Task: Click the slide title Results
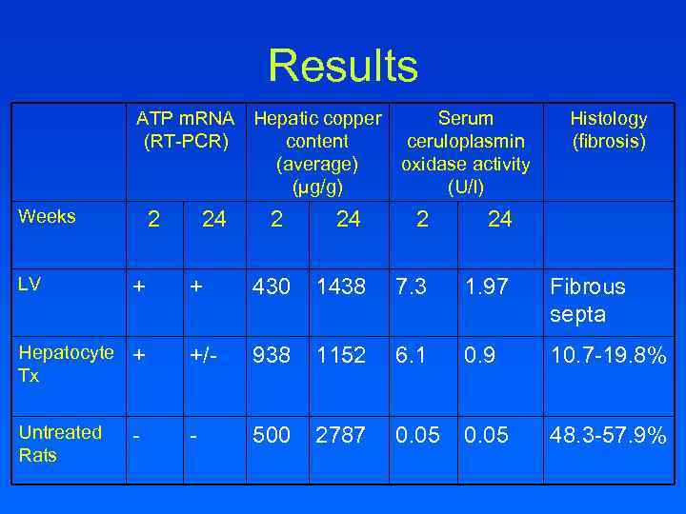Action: click(342, 66)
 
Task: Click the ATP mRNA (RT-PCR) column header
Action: click(186, 130)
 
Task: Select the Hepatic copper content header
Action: click(317, 152)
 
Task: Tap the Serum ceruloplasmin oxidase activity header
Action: click(465, 152)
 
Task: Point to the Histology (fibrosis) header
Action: click(608, 130)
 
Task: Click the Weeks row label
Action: click(47, 216)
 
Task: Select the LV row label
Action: click(30, 284)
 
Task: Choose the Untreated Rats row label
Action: click(59, 444)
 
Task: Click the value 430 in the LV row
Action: click(271, 287)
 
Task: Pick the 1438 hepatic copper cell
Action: click(340, 287)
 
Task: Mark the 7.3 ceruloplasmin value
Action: click(415, 287)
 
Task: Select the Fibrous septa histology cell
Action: click(587, 300)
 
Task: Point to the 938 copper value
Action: click(271, 355)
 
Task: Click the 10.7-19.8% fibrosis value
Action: click(607, 355)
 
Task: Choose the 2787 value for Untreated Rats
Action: click(340, 435)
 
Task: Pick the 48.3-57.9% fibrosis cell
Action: click(607, 435)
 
